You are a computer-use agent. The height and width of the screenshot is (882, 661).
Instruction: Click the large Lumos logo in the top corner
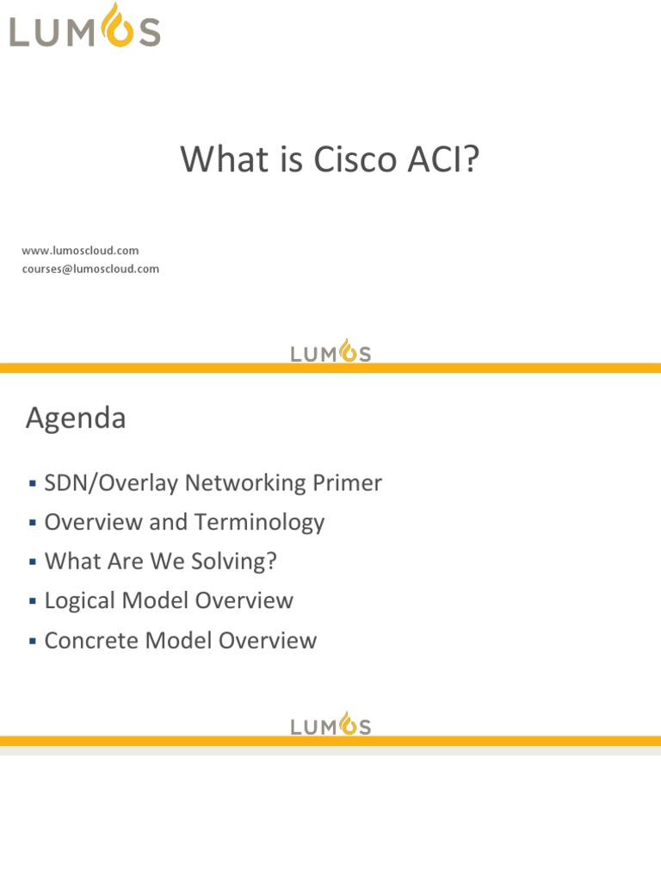[x=84, y=27]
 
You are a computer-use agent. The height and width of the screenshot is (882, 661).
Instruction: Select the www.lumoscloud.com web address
[x=80, y=251]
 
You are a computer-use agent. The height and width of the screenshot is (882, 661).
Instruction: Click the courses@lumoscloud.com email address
[x=90, y=269]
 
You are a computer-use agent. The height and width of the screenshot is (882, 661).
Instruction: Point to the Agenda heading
[x=76, y=419]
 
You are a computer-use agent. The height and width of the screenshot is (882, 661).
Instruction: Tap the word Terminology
[x=260, y=523]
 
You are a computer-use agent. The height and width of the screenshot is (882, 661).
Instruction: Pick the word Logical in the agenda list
[x=84, y=600]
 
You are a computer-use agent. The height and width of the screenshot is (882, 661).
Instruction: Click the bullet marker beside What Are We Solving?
[x=32, y=562]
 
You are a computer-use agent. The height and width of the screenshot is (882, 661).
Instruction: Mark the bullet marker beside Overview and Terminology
[x=32, y=523]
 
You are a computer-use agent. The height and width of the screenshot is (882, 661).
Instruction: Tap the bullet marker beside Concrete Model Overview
[x=32, y=641]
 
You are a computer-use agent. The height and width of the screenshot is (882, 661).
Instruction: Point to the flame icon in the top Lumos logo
[x=110, y=24]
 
